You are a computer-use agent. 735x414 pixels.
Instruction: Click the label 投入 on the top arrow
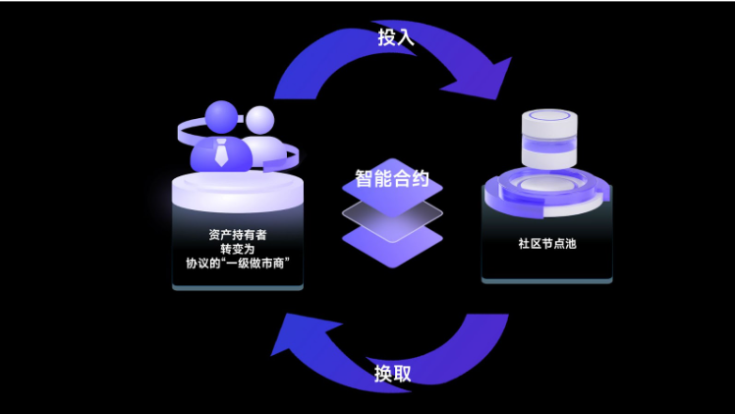coord(395,38)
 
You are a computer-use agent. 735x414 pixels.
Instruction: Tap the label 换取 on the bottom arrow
coord(392,374)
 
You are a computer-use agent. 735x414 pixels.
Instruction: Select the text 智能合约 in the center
coord(392,180)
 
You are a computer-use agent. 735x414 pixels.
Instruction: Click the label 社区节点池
coord(546,242)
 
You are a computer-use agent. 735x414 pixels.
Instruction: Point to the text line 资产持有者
coord(237,235)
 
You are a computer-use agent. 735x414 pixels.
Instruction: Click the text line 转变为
coord(237,249)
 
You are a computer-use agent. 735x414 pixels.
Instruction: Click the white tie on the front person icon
coord(221,152)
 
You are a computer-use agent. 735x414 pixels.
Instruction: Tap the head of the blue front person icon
coord(222,115)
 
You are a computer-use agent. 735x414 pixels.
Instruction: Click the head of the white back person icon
coord(260,120)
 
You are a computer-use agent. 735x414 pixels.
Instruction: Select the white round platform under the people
coord(237,193)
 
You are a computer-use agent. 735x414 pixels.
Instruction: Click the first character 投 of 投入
coord(386,38)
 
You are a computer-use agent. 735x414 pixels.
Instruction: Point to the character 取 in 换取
coord(401,374)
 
